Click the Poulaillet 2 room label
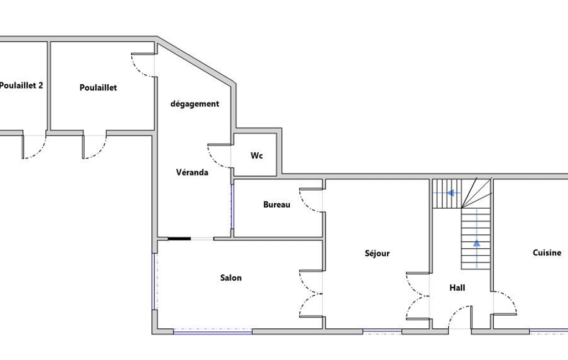pyautogui.click(x=21, y=85)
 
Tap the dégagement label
pyautogui.click(x=195, y=104)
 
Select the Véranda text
pyautogui.click(x=192, y=172)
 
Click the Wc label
pyautogui.click(x=257, y=156)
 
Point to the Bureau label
pyautogui.click(x=277, y=204)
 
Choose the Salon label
pyautogui.click(x=231, y=278)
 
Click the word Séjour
pyautogui.click(x=377, y=253)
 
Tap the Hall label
pyautogui.click(x=457, y=288)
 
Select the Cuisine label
pyautogui.click(x=547, y=253)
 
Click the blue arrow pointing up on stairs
pyautogui.click(x=477, y=243)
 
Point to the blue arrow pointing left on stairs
pyautogui.click(x=451, y=193)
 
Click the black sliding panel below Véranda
pyautogui.click(x=180, y=239)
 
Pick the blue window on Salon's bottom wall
pyautogui.click(x=213, y=331)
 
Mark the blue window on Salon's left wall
pyautogui.click(x=154, y=281)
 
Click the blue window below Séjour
pyautogui.click(x=382, y=331)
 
